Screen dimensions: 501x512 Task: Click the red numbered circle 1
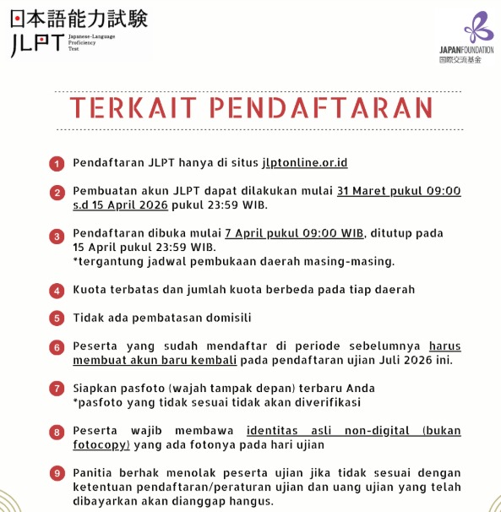pyautogui.click(x=56, y=163)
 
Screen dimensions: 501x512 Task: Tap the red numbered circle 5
pyautogui.click(x=56, y=319)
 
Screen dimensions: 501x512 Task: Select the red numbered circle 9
pyautogui.click(x=56, y=473)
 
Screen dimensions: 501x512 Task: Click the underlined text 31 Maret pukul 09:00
pyautogui.click(x=399, y=191)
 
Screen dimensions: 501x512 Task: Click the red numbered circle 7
pyautogui.click(x=56, y=389)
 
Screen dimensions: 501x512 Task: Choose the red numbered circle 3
pyautogui.click(x=56, y=236)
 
